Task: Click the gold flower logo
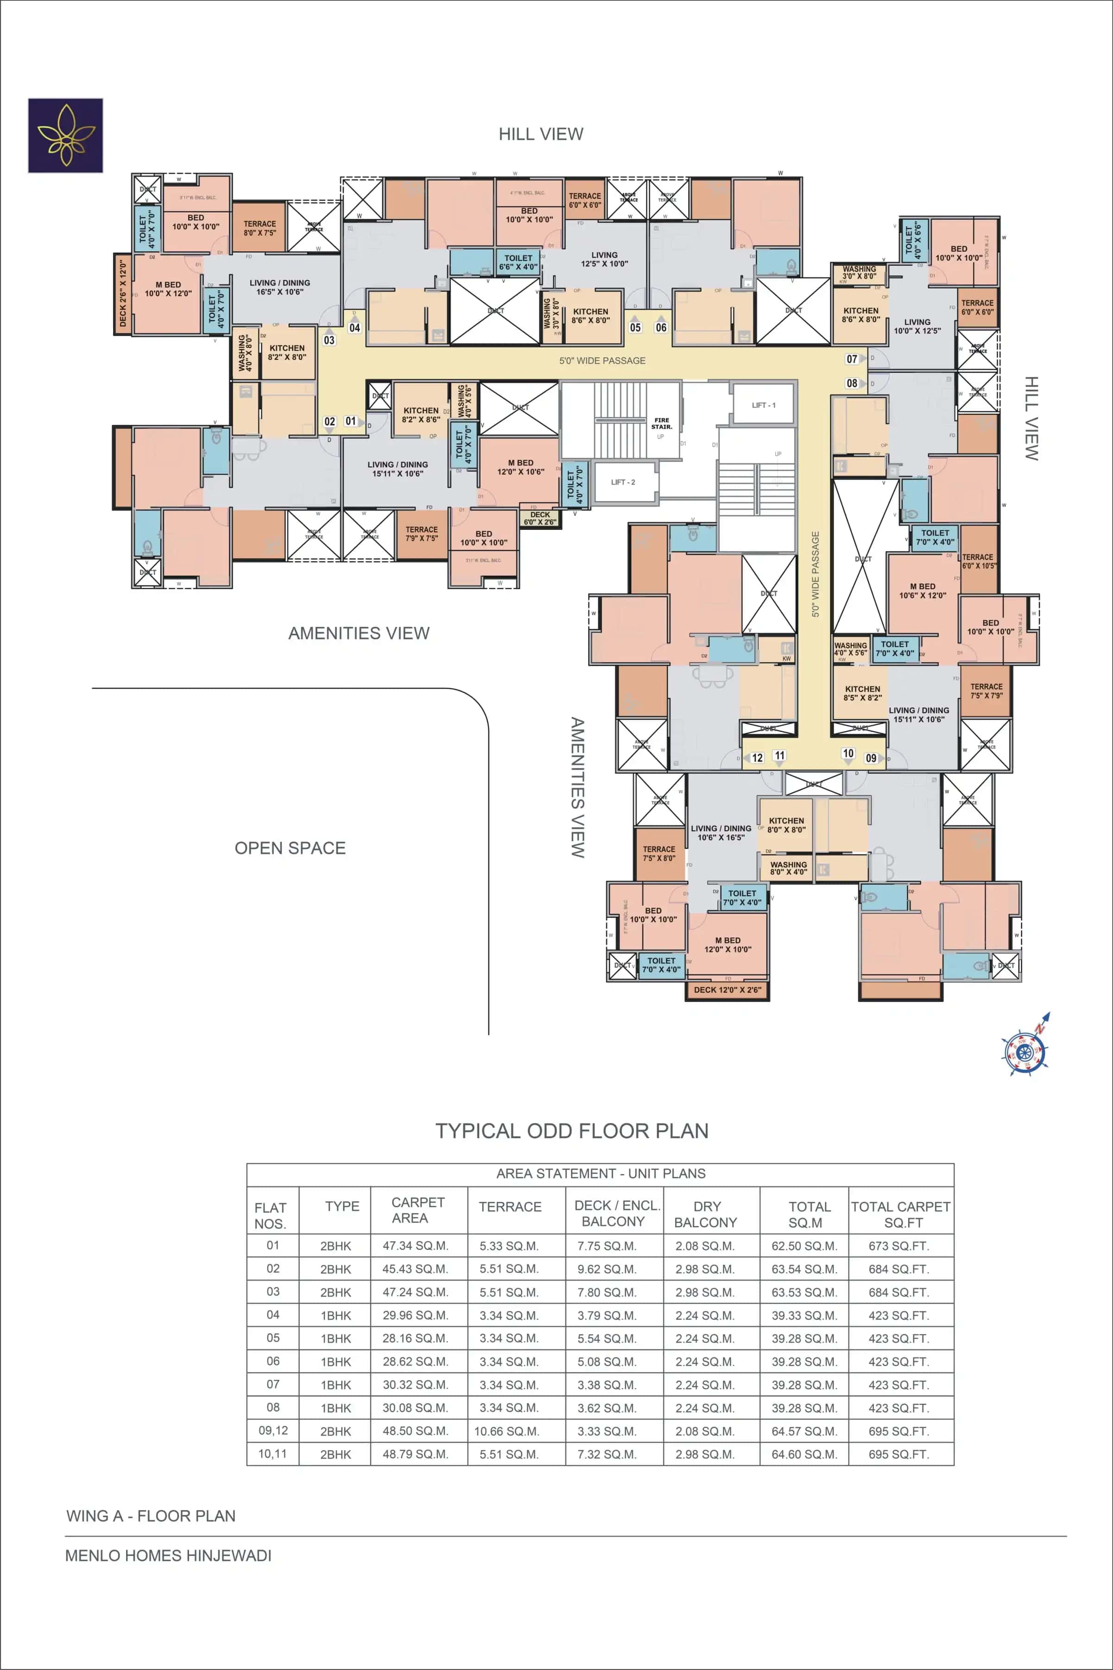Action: pyautogui.click(x=65, y=136)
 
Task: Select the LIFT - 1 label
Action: pyautogui.click(x=764, y=405)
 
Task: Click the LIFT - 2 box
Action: pyautogui.click(x=623, y=482)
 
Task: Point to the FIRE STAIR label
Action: pyautogui.click(x=662, y=424)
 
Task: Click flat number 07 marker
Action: pyautogui.click(x=852, y=359)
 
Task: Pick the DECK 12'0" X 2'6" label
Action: pyautogui.click(x=727, y=990)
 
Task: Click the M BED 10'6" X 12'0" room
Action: pyautogui.click(x=922, y=591)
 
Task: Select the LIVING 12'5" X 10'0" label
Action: pyautogui.click(x=604, y=259)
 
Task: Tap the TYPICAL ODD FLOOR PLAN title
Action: pyautogui.click(x=571, y=1131)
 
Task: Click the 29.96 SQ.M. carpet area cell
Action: pyautogui.click(x=415, y=1315)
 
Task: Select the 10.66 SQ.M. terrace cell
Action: pyautogui.click(x=507, y=1431)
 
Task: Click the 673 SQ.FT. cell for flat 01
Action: pyautogui.click(x=898, y=1246)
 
